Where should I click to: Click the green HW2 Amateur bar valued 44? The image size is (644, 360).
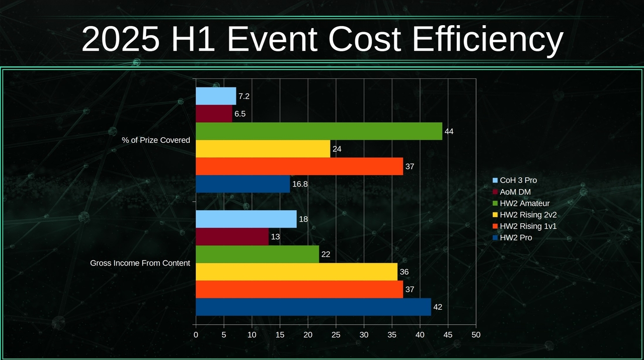tap(318, 131)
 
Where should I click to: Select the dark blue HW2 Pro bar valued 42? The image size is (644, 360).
tap(313, 307)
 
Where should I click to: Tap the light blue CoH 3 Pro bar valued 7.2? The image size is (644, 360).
tap(215, 96)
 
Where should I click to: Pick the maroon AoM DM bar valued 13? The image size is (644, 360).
tap(232, 236)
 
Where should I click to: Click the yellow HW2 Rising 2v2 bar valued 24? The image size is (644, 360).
tap(263, 149)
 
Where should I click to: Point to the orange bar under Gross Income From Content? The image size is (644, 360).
tap(299, 289)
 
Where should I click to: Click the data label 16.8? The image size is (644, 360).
tap(300, 184)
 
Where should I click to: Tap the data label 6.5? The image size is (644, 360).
tap(240, 114)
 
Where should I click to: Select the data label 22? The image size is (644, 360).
tap(326, 254)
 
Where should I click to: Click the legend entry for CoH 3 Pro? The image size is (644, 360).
tap(518, 180)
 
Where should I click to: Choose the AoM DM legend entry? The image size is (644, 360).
tap(515, 192)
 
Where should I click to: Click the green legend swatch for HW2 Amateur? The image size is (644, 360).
tap(495, 203)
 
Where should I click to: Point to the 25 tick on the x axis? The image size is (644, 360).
tap(336, 334)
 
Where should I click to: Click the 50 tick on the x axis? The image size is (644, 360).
tap(476, 334)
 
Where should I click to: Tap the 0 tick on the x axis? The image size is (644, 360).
tap(196, 334)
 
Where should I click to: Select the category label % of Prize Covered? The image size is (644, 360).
tap(155, 140)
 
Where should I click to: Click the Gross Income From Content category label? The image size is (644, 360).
tap(140, 263)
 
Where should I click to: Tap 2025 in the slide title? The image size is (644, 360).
tap(119, 39)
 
